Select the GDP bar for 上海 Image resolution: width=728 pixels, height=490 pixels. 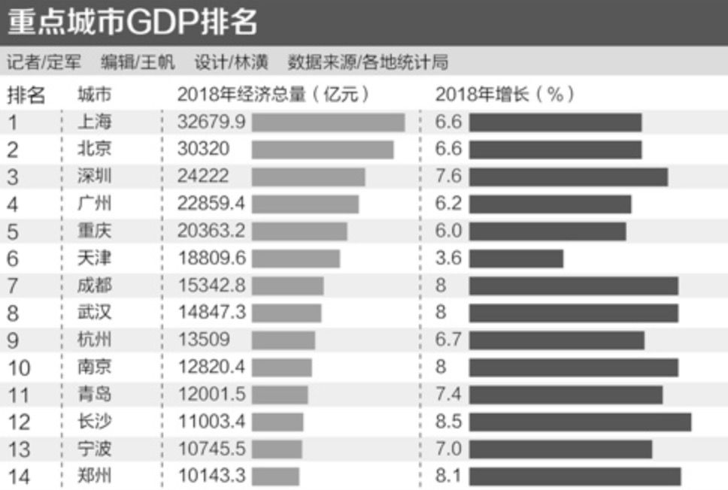(328, 122)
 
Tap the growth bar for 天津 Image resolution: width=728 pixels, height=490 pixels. (516, 259)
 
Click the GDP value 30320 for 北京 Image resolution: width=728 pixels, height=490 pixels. (204, 150)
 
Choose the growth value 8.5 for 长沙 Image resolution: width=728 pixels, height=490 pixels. (448, 422)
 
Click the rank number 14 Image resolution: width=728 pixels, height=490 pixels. (18, 476)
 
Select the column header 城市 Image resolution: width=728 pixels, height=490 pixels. (95, 95)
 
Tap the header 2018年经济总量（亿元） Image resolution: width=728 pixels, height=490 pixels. (274, 95)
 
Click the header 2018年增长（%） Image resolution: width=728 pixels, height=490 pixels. (505, 95)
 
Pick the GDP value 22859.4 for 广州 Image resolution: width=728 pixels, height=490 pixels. (211, 204)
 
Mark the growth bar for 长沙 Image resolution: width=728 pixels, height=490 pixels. (580, 422)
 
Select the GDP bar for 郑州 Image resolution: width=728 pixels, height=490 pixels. (275, 476)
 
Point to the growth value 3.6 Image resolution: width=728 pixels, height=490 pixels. (448, 259)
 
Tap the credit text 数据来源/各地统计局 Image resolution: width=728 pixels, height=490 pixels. (368, 62)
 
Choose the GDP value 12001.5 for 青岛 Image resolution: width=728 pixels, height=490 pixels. (211, 395)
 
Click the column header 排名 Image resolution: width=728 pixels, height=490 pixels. (26, 95)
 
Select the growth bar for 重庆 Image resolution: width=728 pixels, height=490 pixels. (548, 231)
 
